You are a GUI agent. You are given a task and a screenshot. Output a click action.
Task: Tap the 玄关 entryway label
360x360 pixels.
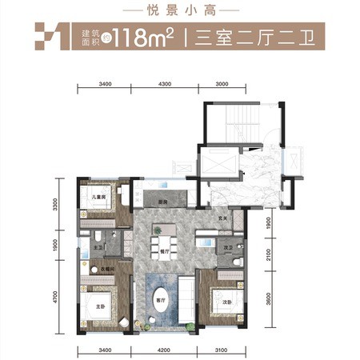[224, 219]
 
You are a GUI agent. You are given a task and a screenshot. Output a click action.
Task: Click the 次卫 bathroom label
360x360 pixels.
[228, 248]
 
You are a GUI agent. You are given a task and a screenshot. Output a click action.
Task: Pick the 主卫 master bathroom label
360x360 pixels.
[97, 248]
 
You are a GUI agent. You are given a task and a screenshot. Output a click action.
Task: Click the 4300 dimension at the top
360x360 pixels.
[165, 83]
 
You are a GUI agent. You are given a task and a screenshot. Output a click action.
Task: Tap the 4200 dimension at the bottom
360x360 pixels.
[163, 350]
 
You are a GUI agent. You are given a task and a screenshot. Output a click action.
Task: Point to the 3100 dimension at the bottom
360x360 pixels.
[221, 350]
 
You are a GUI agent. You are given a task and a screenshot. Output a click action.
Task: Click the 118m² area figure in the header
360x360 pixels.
[145, 37]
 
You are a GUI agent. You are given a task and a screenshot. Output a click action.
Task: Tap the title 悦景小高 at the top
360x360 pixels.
[180, 11]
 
